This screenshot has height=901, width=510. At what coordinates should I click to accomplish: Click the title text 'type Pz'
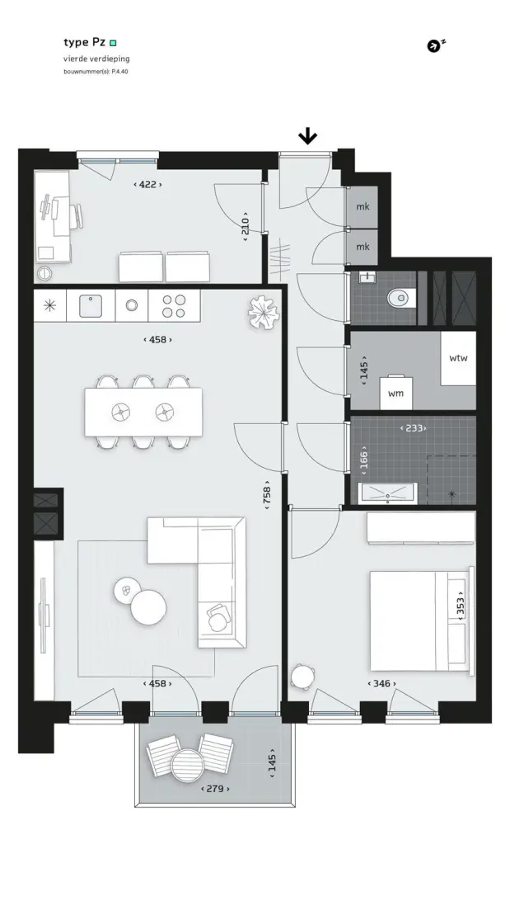click(x=84, y=43)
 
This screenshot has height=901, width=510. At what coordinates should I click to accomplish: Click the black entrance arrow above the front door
click(x=308, y=136)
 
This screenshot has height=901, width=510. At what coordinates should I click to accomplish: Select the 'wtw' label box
click(x=458, y=358)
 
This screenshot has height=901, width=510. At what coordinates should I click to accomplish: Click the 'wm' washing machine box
click(x=395, y=393)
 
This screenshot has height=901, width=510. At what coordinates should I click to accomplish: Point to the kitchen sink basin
click(x=91, y=305)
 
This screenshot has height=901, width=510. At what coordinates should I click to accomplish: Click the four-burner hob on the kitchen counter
click(x=174, y=305)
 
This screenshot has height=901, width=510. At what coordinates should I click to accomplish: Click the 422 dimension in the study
click(x=147, y=185)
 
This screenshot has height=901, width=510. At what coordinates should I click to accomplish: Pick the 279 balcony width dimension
click(x=215, y=789)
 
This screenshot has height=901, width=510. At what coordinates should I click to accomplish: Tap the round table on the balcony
click(x=188, y=764)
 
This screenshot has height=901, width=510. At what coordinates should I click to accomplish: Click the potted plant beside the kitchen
click(x=264, y=313)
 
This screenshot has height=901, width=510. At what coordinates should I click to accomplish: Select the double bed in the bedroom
click(x=421, y=620)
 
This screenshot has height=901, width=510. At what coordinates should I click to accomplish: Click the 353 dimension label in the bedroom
click(x=460, y=605)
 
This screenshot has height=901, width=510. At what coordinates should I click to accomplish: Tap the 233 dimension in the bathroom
click(x=414, y=428)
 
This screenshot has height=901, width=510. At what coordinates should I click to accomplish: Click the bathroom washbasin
click(x=387, y=493)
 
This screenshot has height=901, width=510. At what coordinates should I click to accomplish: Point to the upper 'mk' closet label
click(x=363, y=207)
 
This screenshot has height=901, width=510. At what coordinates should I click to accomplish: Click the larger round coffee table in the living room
click(x=148, y=607)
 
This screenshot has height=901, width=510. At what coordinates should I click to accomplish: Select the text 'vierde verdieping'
click(x=96, y=59)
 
